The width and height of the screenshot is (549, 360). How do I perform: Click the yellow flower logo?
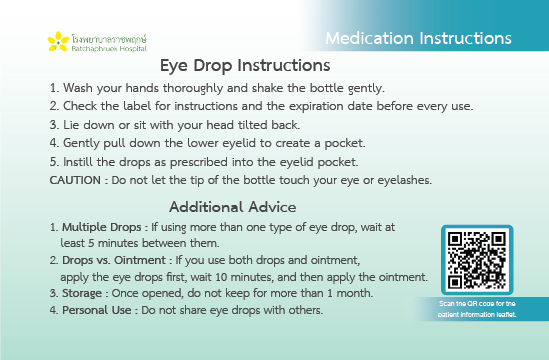click(58, 42)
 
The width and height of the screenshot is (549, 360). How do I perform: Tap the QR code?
click(477, 260)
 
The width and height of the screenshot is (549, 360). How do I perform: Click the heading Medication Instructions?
click(418, 38)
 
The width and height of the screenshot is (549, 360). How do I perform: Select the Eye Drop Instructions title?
click(245, 65)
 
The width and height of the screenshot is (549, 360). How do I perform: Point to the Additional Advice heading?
click(233, 207)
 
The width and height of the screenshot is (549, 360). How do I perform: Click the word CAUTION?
click(75, 180)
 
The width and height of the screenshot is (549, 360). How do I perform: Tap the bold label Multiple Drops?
click(102, 227)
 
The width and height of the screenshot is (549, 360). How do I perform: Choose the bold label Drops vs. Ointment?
click(114, 260)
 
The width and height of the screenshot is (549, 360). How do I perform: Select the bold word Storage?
click(82, 293)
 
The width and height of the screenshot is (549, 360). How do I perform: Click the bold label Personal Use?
click(97, 310)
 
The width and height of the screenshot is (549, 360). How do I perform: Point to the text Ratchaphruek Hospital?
click(109, 49)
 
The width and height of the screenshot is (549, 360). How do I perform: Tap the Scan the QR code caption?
click(477, 309)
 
